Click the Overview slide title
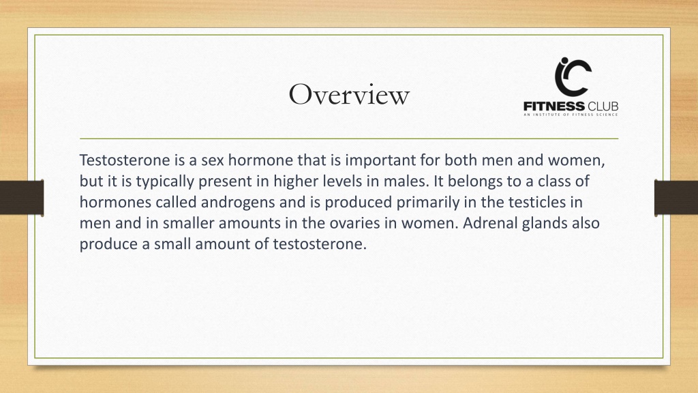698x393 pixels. pyautogui.click(x=349, y=94)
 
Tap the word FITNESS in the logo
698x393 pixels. pyautogui.click(x=554, y=106)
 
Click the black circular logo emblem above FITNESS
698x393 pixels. pyautogui.click(x=573, y=77)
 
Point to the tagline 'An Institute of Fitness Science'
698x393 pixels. pyautogui.click(x=571, y=115)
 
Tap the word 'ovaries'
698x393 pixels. pyautogui.click(x=354, y=223)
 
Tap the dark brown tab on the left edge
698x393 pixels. pyautogui.click(x=22, y=197)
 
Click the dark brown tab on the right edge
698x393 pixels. pyautogui.click(x=676, y=197)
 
